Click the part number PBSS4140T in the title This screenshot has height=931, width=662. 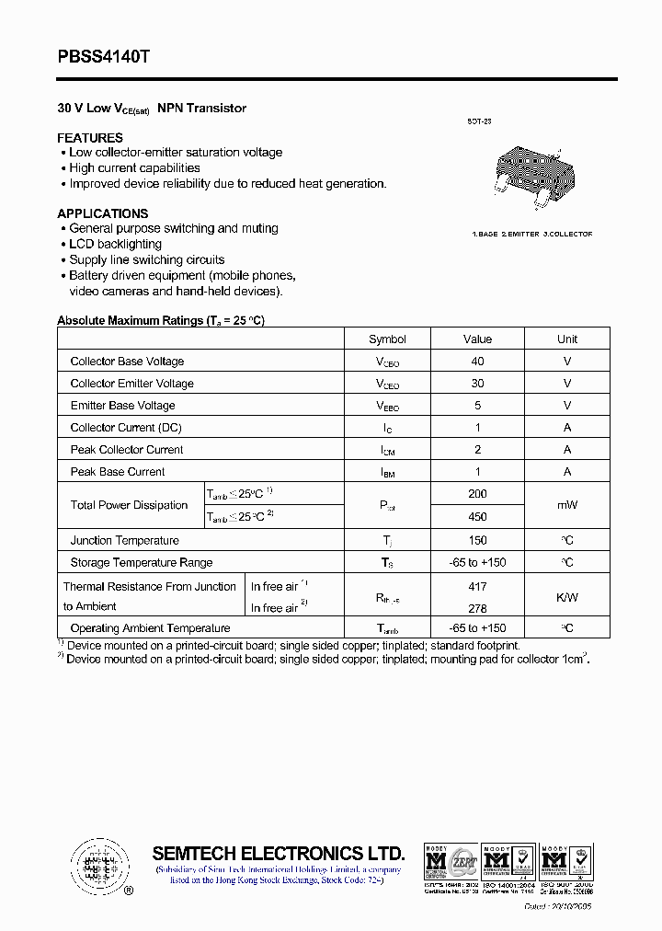pyautogui.click(x=97, y=56)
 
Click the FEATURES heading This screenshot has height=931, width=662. pyautogui.click(x=90, y=138)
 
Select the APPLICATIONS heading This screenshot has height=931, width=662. pyautogui.click(x=103, y=213)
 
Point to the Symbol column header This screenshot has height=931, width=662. pyautogui.click(x=387, y=339)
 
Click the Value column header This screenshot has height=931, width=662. pyautogui.click(x=477, y=339)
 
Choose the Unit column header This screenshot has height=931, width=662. pyautogui.click(x=567, y=339)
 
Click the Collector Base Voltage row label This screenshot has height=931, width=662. pyautogui.click(x=127, y=362)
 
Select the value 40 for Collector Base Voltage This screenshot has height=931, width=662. pyautogui.click(x=477, y=362)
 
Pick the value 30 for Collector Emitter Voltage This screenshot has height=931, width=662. pyautogui.click(x=477, y=384)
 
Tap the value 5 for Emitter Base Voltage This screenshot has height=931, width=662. pyautogui.click(x=477, y=406)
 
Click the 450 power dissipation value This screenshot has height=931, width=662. pyautogui.click(x=477, y=517)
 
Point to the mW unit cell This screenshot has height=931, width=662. pyautogui.click(x=567, y=505)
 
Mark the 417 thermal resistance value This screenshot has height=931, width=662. pyautogui.click(x=477, y=586)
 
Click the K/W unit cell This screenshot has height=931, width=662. pyautogui.click(x=567, y=597)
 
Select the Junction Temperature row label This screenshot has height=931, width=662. pyautogui.click(x=124, y=541)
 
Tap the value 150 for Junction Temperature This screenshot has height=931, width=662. pyautogui.click(x=477, y=541)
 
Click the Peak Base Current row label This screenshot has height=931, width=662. pyautogui.click(x=118, y=472)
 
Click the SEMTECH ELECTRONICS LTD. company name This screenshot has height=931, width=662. pyautogui.click(x=279, y=852)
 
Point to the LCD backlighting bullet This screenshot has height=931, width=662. pyautogui.click(x=115, y=244)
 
